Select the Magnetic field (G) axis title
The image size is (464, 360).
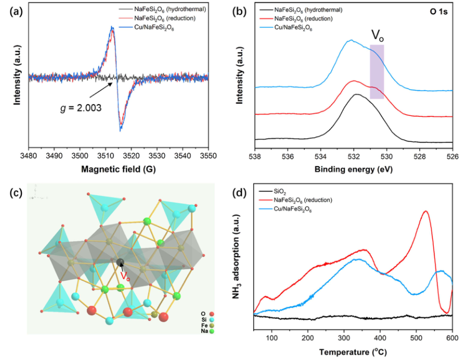pyautogui.click(x=118, y=169)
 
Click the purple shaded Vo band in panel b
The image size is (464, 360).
pyautogui.click(x=377, y=71)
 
